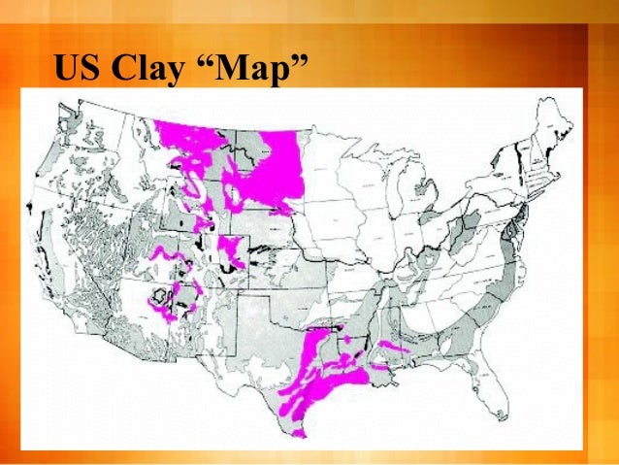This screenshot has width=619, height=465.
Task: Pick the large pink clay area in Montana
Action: coord(262,160)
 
